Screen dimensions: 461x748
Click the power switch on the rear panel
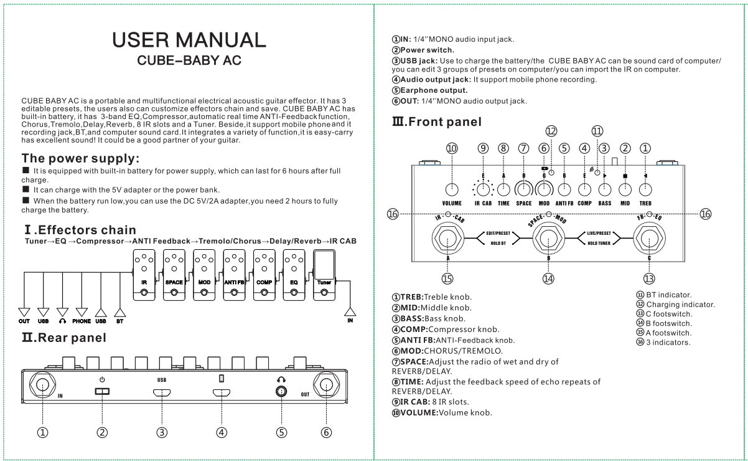(103, 391)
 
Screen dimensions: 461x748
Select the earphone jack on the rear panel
(281, 391)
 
